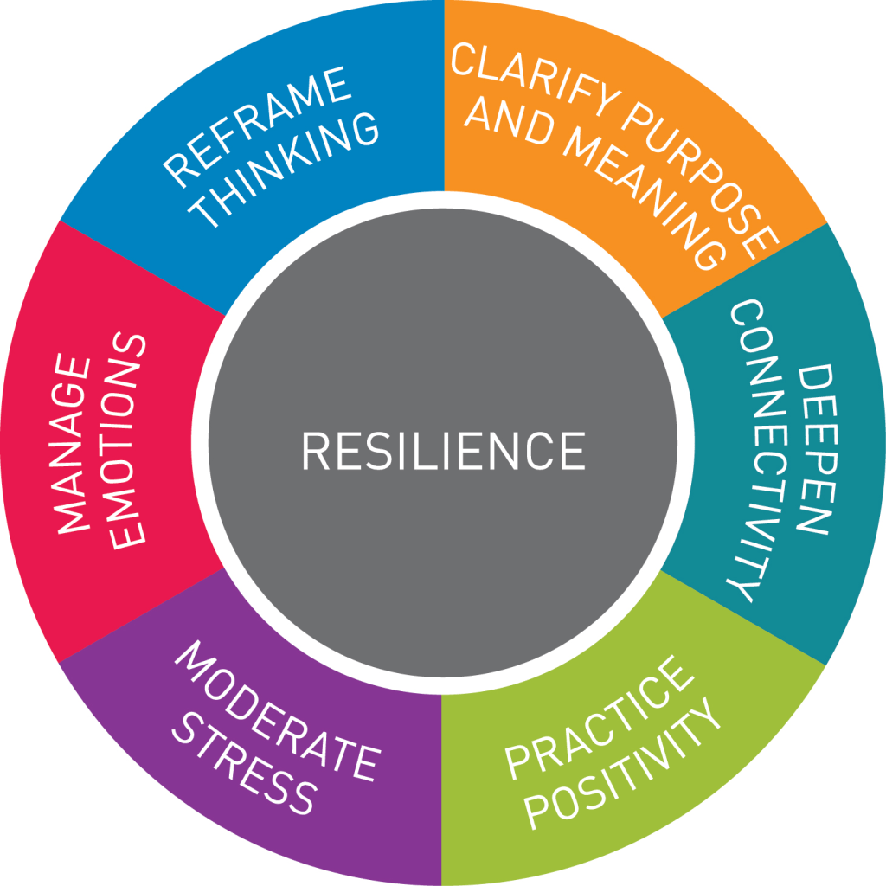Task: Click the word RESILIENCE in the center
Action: coord(442,451)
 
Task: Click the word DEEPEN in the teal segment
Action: coord(813,450)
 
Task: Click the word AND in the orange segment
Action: coord(507,121)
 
